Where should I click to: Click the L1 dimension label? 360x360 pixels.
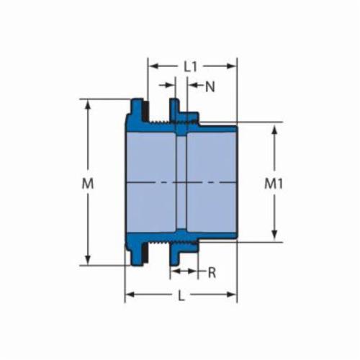[x=191, y=67]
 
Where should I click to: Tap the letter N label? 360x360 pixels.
[x=210, y=86]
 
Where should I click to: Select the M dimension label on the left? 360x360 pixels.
[x=88, y=184]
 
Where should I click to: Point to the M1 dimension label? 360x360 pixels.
[x=274, y=184]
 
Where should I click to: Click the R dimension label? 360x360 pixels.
[x=212, y=273]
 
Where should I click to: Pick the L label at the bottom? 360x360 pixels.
[x=181, y=296]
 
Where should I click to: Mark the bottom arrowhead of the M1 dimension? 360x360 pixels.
[x=274, y=234]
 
